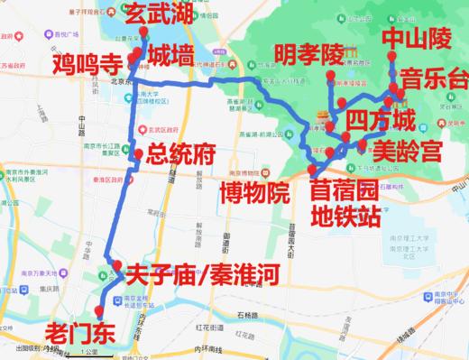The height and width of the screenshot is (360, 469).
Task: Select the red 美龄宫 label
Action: (403, 144)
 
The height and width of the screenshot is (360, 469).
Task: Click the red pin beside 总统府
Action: (137, 154)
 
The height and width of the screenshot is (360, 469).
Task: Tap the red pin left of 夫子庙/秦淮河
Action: (117, 264)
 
